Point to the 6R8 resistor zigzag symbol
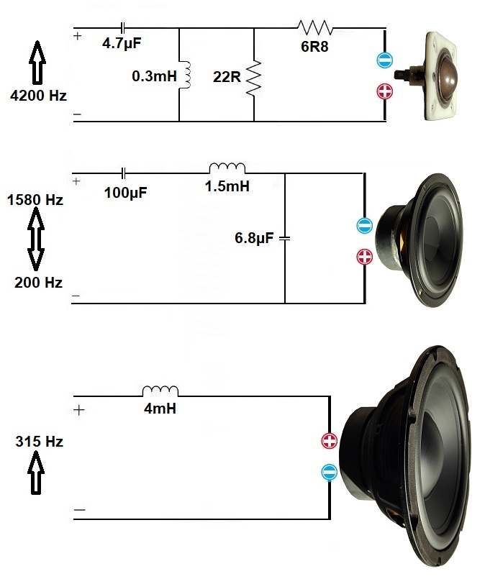pyautogui.click(x=315, y=27)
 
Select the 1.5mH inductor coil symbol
pyautogui.click(x=227, y=168)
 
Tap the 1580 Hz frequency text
pyautogui.click(x=34, y=200)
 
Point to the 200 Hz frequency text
pyautogui.click(x=38, y=283)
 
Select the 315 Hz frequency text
pyautogui.click(x=39, y=442)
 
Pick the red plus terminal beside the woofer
pyautogui.click(x=329, y=441)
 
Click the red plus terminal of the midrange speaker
pyautogui.click(x=365, y=256)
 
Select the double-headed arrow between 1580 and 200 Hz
pyautogui.click(x=35, y=241)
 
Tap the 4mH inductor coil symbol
pyautogui.click(x=160, y=391)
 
